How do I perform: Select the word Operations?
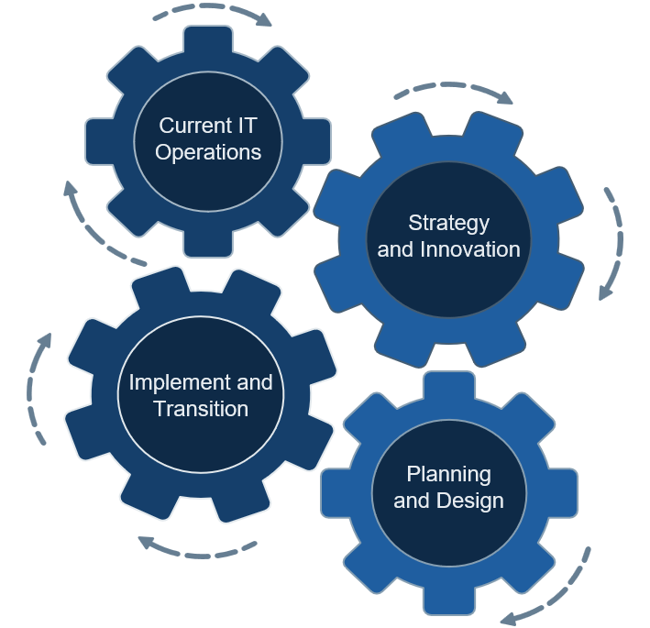(x=208, y=152)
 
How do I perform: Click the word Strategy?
(x=449, y=223)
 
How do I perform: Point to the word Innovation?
(x=469, y=249)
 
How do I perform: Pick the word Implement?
(x=179, y=381)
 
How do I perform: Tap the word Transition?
(x=201, y=408)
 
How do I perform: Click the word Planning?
(x=449, y=474)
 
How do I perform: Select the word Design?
(x=468, y=501)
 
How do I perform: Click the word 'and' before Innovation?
(x=395, y=249)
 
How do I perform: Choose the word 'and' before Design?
(x=412, y=501)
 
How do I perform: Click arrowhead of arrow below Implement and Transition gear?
(x=144, y=541)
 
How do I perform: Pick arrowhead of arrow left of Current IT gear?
(x=70, y=189)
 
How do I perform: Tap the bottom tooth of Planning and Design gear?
(x=448, y=601)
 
